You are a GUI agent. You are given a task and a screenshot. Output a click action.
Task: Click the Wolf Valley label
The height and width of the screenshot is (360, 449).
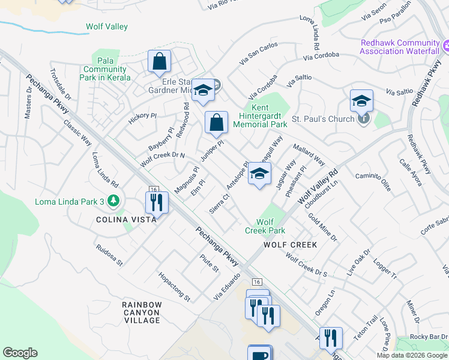pyautogui.click(x=107, y=27)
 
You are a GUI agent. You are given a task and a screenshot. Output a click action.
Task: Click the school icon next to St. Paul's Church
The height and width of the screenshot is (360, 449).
pyautogui.click(x=362, y=101)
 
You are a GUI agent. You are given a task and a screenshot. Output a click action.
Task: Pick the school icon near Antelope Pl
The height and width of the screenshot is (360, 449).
pyautogui.click(x=259, y=174)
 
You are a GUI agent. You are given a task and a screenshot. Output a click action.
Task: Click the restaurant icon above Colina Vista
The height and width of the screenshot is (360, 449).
pyautogui.click(x=156, y=203)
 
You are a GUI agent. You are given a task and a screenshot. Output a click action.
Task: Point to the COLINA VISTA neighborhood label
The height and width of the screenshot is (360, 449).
pyautogui.click(x=127, y=220)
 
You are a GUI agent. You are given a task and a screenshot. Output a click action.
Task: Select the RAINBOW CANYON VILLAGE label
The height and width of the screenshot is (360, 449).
pyautogui.click(x=142, y=313)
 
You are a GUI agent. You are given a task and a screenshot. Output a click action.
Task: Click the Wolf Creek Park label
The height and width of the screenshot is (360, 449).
pyautogui.click(x=265, y=226)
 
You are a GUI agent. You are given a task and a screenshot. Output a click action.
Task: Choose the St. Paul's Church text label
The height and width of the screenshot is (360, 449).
pyautogui.click(x=323, y=119)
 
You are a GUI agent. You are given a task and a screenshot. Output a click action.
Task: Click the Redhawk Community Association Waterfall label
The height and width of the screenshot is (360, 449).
pyautogui.click(x=400, y=47)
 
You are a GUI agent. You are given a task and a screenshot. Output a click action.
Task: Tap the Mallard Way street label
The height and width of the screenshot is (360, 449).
pyautogui.click(x=309, y=155)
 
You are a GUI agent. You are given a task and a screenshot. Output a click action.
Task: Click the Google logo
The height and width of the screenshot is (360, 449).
pyautogui.click(x=20, y=353)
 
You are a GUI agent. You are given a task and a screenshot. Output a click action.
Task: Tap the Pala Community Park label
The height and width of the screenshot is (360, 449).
pyautogui.click(x=105, y=69)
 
